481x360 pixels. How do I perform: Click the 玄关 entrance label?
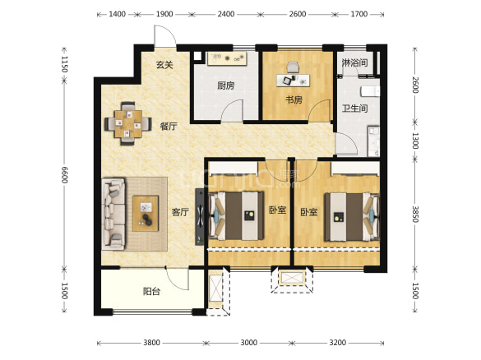point(164,65)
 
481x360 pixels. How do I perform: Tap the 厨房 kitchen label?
point(226,85)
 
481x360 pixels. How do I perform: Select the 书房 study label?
point(294,99)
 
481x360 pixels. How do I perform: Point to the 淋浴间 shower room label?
point(355,63)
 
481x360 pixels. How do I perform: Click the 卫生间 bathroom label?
point(355,108)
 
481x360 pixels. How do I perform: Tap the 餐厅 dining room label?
point(169,126)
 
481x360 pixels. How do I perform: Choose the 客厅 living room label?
point(180,212)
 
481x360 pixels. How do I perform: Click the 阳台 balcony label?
point(151,291)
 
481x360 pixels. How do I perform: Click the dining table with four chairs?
point(128,123)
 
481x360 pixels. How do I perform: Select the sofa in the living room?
point(113,214)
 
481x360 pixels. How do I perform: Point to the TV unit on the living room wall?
point(200,216)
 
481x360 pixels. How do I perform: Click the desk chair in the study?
point(293,67)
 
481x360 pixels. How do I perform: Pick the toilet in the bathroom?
point(370,92)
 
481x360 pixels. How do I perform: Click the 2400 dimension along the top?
point(226,14)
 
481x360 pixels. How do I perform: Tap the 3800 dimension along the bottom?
point(151,343)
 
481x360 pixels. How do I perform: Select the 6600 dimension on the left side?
point(64,175)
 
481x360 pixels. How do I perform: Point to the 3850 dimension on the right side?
point(415,214)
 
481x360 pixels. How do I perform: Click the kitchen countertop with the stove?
point(227,58)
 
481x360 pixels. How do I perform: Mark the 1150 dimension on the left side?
point(64,64)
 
